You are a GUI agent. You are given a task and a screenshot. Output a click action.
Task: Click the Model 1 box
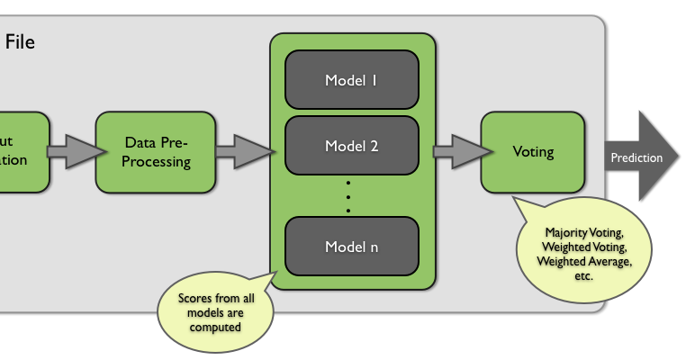[352, 79]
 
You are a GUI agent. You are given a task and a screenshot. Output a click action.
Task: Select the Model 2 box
[352, 146]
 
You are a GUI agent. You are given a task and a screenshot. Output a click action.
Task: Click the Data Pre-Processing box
[156, 152]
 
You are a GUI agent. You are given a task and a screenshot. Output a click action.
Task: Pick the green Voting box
[533, 152]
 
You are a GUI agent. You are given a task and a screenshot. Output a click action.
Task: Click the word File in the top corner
[20, 41]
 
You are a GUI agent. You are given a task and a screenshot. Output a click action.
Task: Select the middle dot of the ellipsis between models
[349, 196]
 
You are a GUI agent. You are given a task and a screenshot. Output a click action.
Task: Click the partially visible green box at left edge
[22, 152]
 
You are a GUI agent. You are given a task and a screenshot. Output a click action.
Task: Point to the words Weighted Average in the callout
[583, 261]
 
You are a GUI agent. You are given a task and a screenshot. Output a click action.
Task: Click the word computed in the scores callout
[215, 327]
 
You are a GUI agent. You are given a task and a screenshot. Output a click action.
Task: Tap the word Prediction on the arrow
[636, 157]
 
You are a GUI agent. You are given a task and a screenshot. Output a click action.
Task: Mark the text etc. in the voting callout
[583, 275]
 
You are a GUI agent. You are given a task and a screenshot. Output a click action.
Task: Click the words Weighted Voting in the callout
[583, 247]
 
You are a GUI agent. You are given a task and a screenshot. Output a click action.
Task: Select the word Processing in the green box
[157, 162]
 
